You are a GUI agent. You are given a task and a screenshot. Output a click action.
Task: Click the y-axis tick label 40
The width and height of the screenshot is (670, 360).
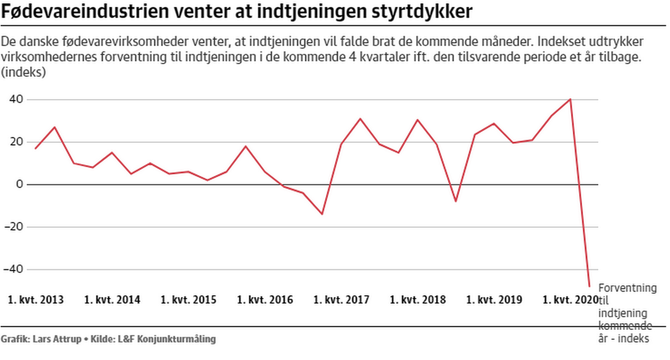17,99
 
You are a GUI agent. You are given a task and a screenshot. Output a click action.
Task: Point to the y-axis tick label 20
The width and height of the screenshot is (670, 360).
17,142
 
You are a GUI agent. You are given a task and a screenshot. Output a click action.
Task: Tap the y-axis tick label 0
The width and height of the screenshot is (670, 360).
20,184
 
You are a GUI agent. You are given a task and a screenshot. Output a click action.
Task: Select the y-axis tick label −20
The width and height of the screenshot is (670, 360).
13,227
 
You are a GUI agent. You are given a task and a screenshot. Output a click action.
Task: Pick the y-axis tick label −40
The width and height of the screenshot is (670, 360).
13,269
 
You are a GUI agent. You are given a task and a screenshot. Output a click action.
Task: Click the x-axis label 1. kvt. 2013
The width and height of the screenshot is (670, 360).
36,300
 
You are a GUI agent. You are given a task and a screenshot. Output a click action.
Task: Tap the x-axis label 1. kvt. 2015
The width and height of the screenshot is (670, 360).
188,300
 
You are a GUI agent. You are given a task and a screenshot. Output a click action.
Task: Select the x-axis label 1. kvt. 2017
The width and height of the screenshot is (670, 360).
341,300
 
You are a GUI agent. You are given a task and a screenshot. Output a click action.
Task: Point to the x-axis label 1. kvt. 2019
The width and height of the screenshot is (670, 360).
494,300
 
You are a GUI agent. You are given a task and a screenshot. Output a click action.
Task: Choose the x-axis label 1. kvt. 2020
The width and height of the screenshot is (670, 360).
570,300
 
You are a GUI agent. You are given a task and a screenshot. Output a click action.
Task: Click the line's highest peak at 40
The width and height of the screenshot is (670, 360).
570,99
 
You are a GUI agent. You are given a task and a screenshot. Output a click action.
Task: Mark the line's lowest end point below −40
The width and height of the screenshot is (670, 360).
589,286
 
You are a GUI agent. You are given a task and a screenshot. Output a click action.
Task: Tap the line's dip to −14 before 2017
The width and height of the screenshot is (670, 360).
322,214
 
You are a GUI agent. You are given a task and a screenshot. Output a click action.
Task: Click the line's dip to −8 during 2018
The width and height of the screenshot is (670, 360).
456,201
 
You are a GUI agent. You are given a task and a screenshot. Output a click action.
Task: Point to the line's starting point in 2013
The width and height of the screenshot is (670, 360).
36,148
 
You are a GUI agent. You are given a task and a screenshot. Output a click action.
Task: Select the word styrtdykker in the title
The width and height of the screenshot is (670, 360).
422,12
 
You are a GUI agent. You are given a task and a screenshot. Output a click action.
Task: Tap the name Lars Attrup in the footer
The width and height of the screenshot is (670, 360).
57,339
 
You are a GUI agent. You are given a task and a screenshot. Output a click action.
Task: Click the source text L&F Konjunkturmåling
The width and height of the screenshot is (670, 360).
167,340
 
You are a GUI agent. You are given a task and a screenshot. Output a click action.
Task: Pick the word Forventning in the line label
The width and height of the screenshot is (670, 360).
627,288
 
